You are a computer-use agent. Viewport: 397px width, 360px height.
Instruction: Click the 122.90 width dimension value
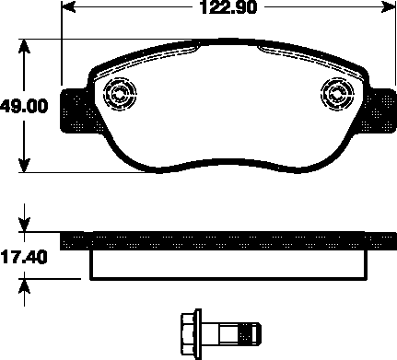228,7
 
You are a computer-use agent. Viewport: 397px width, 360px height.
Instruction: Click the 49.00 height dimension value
24,106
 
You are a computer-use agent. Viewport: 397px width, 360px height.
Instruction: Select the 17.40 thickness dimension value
24,257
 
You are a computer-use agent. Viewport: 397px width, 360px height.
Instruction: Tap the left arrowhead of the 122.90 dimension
69,6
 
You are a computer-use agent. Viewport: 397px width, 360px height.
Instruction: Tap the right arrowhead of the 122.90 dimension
388,6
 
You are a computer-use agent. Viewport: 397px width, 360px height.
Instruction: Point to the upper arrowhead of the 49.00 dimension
24,47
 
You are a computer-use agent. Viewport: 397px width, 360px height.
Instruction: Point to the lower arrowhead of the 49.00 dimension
24,165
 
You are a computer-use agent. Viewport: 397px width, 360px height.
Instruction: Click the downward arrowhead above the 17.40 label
24,225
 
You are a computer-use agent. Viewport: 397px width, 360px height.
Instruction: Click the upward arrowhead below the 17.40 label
24,286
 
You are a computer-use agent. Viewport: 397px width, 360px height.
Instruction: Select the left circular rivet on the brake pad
120,94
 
